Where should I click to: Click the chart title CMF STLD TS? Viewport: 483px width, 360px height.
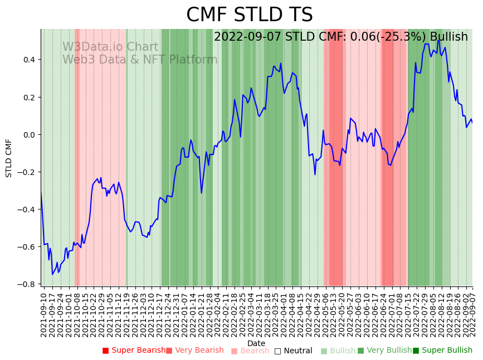pyautogui.click(x=249, y=15)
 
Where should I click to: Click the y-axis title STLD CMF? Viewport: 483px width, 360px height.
pyautogui.click(x=9, y=158)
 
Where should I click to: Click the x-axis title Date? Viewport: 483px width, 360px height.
pyautogui.click(x=256, y=343)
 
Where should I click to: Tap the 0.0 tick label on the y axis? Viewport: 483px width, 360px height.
pyautogui.click(x=28, y=135)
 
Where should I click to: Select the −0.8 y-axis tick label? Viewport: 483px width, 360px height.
pyautogui.click(x=27, y=284)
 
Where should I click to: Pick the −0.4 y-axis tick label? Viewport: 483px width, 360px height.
pyautogui.click(x=27, y=210)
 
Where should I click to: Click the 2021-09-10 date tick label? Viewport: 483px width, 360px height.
pyautogui.click(x=44, y=314)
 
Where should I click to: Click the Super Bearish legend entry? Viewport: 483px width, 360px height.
pyautogui.click(x=134, y=351)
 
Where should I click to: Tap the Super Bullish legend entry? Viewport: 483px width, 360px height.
pyautogui.click(x=442, y=351)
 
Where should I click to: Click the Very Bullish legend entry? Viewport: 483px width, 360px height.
pyautogui.click(x=385, y=351)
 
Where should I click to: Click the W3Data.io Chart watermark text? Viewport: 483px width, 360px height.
pyautogui.click(x=110, y=47)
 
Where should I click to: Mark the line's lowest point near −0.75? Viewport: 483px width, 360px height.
pyautogui.click(x=52, y=274)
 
